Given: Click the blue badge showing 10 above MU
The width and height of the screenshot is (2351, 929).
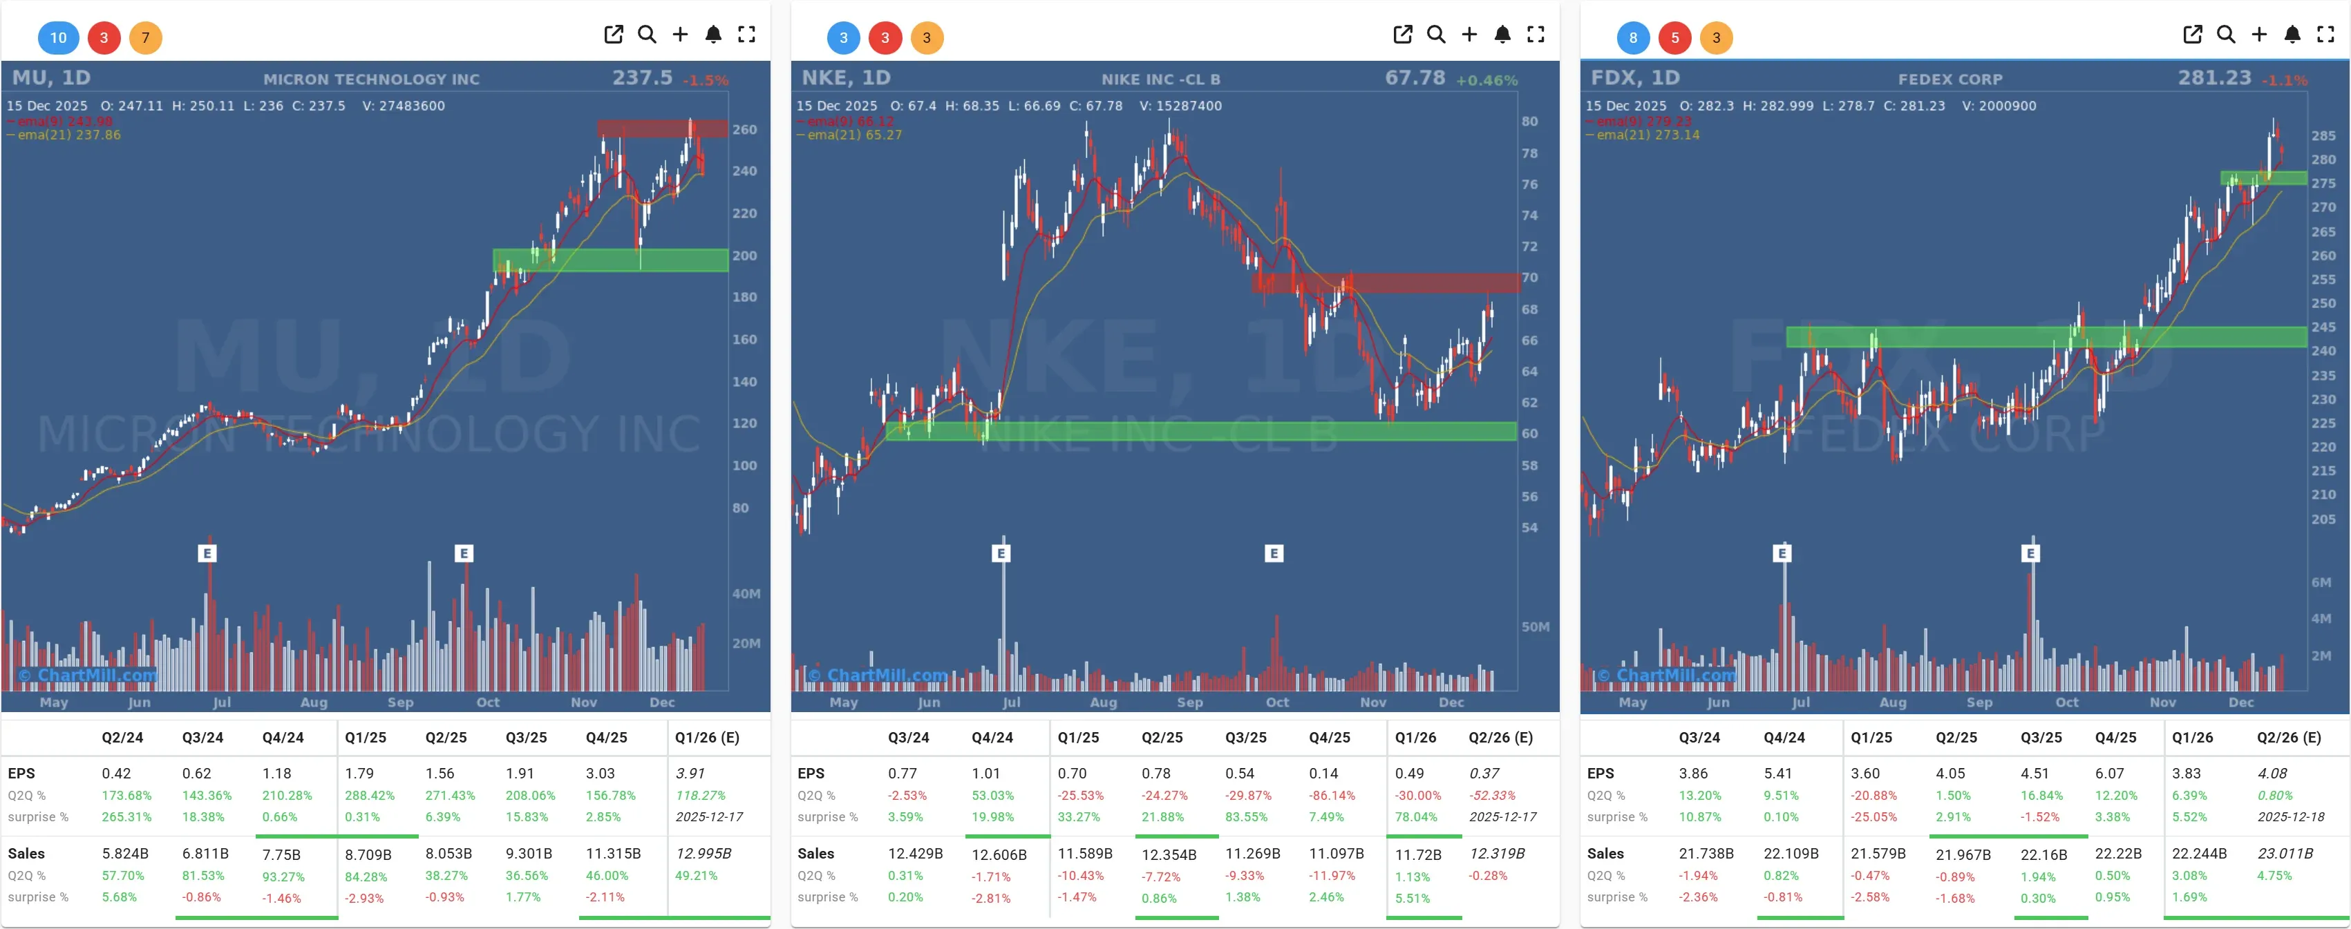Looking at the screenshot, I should [59, 37].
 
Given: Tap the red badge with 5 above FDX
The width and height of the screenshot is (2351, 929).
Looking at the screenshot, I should [1674, 37].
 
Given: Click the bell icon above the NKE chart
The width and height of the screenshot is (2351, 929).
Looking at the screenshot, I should [1502, 35].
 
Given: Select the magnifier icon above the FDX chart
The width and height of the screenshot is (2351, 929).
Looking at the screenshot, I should [2226, 35].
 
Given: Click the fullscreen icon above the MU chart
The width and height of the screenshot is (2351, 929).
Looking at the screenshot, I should [746, 35].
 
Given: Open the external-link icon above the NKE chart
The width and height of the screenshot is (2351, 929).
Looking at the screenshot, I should [1403, 35].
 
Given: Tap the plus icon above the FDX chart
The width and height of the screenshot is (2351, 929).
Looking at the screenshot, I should [2259, 35].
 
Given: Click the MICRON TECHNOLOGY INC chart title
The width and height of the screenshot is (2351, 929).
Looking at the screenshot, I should [372, 79].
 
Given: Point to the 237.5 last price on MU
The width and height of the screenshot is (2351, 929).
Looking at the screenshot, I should [641, 77].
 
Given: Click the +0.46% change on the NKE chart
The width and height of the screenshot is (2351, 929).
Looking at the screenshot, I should [1486, 80].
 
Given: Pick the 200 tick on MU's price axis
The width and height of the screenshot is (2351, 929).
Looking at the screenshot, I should [744, 256].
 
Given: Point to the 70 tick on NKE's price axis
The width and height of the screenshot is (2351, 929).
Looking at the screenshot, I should [1529, 278].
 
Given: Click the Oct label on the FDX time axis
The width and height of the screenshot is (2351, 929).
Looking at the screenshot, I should [2066, 702].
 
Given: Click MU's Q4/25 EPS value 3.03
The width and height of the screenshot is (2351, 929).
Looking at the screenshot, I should [601, 773].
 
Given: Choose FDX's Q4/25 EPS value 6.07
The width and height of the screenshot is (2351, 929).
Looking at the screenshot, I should [2109, 773].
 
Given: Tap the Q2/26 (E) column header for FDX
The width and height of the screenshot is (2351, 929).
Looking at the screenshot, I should [2288, 738].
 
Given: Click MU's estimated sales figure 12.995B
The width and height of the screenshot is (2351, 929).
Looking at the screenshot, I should [703, 853].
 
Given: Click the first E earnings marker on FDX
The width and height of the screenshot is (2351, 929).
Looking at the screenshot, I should [1782, 553].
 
